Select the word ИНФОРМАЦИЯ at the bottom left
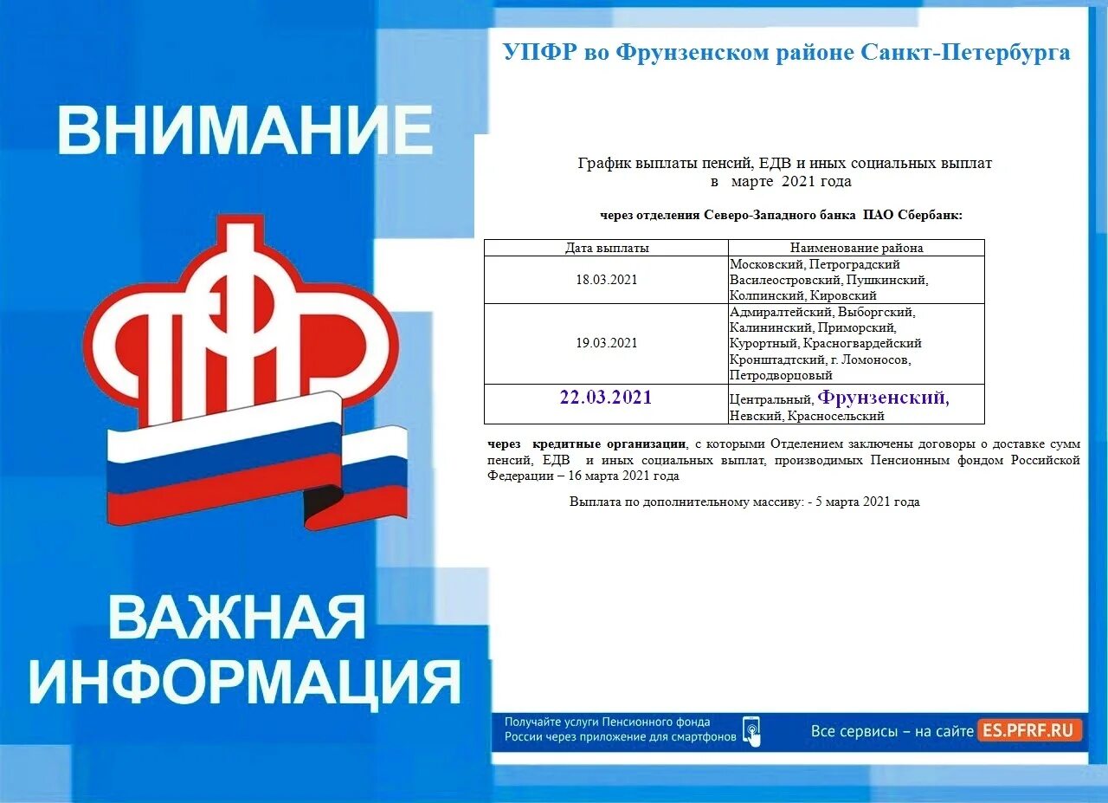point(245,682)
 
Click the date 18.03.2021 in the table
point(606,280)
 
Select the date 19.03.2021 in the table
point(606,343)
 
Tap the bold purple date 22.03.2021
point(606,398)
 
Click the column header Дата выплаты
point(606,248)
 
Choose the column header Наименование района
point(856,248)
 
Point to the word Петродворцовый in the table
point(781,376)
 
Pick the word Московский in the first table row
point(767,264)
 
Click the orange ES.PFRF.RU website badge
point(1030,730)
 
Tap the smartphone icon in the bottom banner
point(751,730)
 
